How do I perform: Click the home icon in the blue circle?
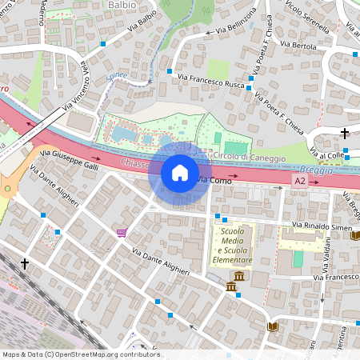click(x=180, y=173)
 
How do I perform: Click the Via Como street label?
click(x=213, y=182)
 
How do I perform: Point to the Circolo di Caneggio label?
click(x=247, y=158)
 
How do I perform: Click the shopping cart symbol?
click(x=121, y=233)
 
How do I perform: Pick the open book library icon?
click(x=272, y=327)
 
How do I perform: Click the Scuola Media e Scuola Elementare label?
click(x=233, y=246)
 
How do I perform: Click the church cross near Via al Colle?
click(x=345, y=133)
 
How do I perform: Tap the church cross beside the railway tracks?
click(x=25, y=262)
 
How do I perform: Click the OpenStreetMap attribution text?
click(x=80, y=354)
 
